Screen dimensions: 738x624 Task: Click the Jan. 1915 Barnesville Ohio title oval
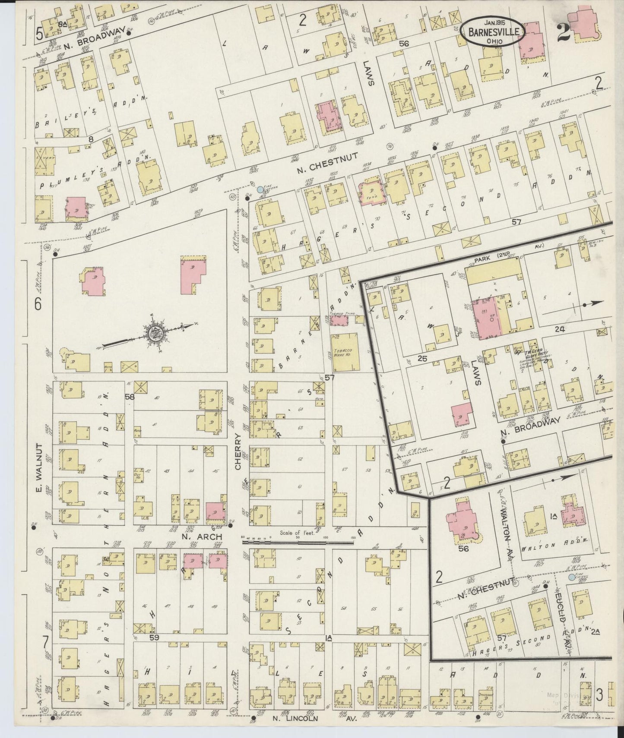pos(492,31)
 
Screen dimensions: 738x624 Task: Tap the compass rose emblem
pos(153,333)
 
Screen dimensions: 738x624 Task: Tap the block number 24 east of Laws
pos(560,329)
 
